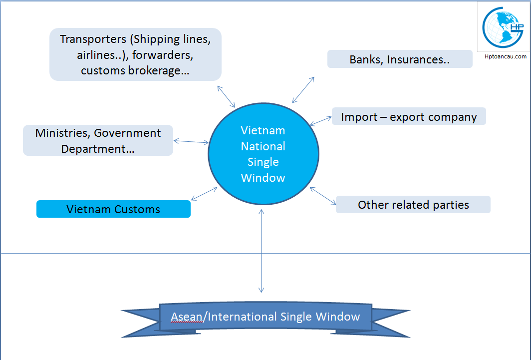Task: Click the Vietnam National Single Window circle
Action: (x=263, y=154)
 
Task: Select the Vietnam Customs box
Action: (x=113, y=209)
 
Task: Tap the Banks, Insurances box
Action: (x=400, y=59)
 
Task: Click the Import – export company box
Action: (x=409, y=117)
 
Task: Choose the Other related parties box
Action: (x=413, y=205)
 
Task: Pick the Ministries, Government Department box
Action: (x=98, y=140)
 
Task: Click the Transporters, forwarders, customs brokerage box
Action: (x=135, y=54)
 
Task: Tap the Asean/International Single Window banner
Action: (x=265, y=317)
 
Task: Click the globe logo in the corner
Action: (x=503, y=27)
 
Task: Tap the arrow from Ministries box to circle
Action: (x=191, y=142)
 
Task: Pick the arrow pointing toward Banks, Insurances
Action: (x=303, y=90)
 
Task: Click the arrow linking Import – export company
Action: (x=320, y=120)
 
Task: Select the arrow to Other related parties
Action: (x=323, y=196)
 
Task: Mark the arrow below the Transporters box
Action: (x=226, y=96)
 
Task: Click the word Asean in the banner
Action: (x=186, y=317)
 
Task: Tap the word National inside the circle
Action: (x=263, y=146)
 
